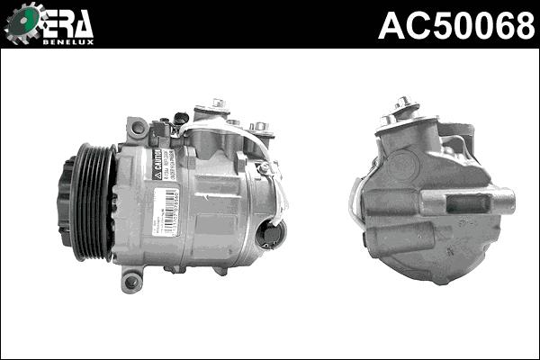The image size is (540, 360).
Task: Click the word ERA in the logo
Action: (x=65, y=23)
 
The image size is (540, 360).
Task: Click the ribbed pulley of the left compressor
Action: (x=93, y=203)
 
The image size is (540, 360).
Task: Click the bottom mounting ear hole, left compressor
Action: (x=132, y=281)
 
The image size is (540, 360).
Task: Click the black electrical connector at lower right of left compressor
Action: (x=269, y=235)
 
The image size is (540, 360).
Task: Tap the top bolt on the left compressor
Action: (x=218, y=105)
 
